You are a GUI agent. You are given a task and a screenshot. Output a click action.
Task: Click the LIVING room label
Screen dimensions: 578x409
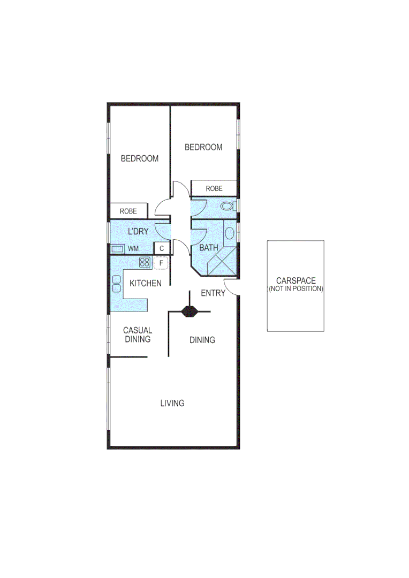tap(172, 403)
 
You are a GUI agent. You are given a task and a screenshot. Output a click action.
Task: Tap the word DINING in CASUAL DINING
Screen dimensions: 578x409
tap(138, 339)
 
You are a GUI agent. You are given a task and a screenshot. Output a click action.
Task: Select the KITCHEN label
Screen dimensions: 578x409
tap(145, 283)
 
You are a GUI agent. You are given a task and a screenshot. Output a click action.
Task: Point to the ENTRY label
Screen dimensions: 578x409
tap(213, 293)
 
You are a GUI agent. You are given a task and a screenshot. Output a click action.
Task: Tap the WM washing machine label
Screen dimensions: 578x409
tap(133, 249)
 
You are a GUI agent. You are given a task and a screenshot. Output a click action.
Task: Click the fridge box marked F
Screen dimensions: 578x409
tap(161, 262)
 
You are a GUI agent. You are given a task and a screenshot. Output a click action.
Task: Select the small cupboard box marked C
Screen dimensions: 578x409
tap(162, 249)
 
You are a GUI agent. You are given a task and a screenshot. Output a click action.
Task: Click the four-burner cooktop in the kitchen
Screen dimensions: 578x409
tap(145, 262)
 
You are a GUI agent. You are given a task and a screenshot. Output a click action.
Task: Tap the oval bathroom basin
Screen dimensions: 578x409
tap(229, 233)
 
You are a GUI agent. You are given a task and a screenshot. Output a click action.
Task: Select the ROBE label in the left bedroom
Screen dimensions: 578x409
tap(128, 211)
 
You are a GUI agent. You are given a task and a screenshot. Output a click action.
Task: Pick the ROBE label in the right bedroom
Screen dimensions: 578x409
tap(214, 188)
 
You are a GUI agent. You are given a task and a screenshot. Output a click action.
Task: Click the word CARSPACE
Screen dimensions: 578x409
tap(296, 280)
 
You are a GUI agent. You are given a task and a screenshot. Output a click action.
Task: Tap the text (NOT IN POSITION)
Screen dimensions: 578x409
tap(296, 288)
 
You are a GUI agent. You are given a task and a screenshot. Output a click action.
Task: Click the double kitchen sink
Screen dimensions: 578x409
tap(116, 283)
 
